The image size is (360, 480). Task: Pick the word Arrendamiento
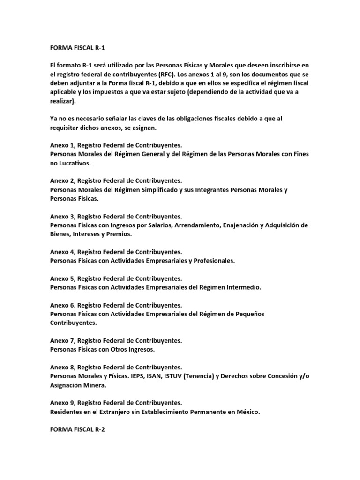point(198,225)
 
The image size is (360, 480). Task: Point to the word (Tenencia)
point(197,376)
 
